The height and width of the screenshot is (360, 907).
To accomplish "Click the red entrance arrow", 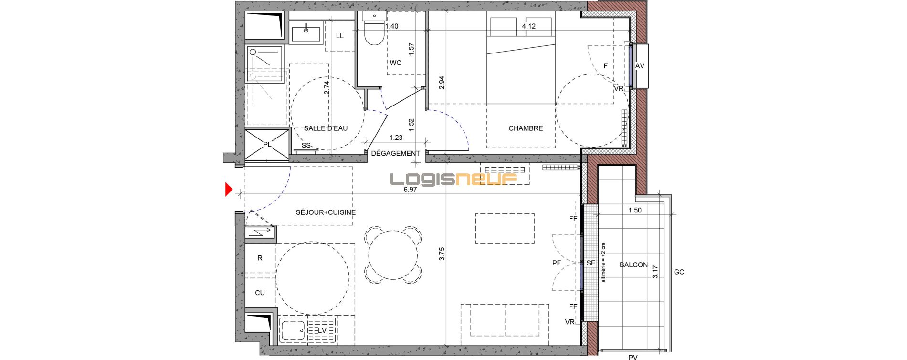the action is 229,190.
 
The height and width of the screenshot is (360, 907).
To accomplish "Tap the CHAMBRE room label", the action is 526,128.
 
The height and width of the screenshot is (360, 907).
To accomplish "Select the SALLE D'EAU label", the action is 326,128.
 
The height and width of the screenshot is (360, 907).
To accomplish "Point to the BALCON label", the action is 633,265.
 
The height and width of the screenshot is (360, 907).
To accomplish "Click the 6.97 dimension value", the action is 410,189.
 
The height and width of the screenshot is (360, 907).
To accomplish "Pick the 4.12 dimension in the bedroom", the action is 528,26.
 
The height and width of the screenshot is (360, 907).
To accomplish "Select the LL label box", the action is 340,36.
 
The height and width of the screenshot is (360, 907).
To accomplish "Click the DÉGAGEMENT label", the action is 395,153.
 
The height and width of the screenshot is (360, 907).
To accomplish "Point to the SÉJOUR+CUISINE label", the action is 326,212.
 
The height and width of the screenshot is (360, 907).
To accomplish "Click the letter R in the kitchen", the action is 260,258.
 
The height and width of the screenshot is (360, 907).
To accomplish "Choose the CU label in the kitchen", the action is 260,293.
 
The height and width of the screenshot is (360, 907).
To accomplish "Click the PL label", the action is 267,144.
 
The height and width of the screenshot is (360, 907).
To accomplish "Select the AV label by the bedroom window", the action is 640,66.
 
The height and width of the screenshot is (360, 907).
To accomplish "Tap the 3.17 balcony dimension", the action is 655,272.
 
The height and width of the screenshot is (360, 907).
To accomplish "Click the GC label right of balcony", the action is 679,272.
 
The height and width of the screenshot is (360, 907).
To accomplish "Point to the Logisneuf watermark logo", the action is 454,179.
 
